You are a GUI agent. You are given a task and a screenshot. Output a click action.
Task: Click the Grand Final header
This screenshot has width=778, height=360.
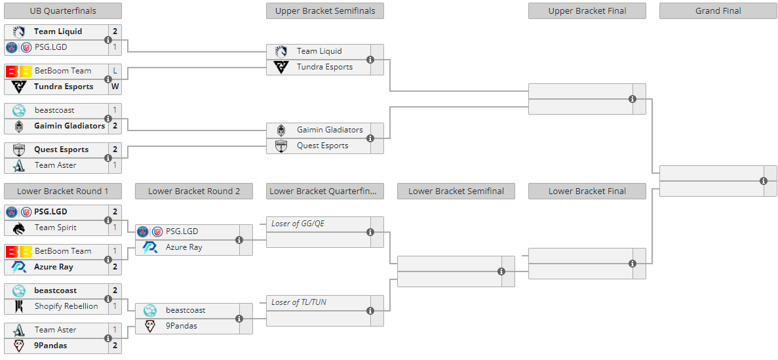click(x=718, y=11)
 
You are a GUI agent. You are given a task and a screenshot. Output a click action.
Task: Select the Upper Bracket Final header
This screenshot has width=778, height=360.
click(x=587, y=11)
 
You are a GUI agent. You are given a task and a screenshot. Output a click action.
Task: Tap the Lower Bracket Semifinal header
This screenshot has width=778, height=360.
click(x=456, y=191)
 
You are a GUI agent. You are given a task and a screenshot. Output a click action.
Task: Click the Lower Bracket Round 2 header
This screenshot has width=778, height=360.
click(x=194, y=191)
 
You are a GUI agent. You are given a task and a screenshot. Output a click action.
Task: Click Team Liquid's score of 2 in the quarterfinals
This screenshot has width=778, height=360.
click(x=115, y=31)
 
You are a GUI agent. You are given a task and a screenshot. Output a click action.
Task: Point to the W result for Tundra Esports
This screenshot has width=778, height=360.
click(x=115, y=87)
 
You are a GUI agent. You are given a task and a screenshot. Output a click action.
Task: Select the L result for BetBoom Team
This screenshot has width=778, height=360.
click(x=115, y=71)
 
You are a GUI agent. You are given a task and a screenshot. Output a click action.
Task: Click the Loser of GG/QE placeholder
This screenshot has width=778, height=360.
click(x=298, y=224)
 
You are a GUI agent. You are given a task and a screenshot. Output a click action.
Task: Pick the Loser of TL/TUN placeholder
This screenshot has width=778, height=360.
click(x=299, y=302)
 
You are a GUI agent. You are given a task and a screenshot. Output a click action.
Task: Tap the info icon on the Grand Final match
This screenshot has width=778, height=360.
click(x=764, y=181)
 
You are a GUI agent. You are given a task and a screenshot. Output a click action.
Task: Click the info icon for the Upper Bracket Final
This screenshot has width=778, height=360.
click(x=632, y=99)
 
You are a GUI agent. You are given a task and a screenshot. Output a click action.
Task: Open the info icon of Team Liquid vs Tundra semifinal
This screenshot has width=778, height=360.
click(x=370, y=60)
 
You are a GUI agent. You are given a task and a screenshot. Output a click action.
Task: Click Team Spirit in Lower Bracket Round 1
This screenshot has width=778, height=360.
click(x=56, y=228)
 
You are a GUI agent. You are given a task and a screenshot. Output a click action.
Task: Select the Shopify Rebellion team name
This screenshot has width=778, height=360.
click(x=66, y=306)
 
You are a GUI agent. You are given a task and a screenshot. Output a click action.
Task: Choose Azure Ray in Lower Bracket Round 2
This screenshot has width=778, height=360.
click(x=184, y=247)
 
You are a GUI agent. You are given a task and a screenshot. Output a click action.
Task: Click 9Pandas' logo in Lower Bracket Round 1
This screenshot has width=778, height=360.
click(x=19, y=346)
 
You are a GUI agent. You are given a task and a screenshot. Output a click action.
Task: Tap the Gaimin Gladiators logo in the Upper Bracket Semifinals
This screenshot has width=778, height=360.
click(x=281, y=130)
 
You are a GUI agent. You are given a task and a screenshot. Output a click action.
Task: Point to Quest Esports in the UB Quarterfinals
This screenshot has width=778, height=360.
click(x=62, y=150)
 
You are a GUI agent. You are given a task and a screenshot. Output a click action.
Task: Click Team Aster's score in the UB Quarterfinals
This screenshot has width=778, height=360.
click(x=115, y=165)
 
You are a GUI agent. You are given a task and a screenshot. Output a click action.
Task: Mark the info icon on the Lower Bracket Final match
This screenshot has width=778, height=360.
click(x=632, y=263)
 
